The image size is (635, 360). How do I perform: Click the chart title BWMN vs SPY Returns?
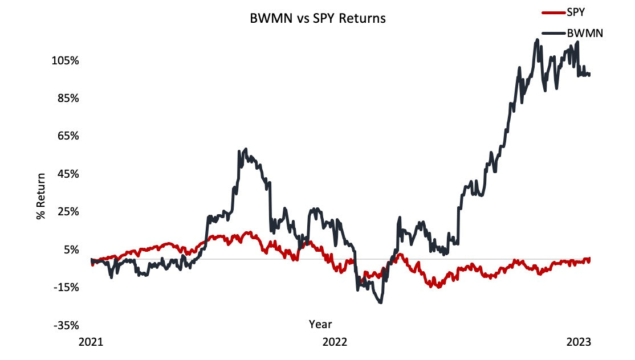coord(318,18)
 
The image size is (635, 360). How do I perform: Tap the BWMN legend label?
coord(585,33)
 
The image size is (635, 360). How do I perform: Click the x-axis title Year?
coord(320,324)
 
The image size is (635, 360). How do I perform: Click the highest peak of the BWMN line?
coord(537,40)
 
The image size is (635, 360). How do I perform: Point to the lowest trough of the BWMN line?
coord(380,302)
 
